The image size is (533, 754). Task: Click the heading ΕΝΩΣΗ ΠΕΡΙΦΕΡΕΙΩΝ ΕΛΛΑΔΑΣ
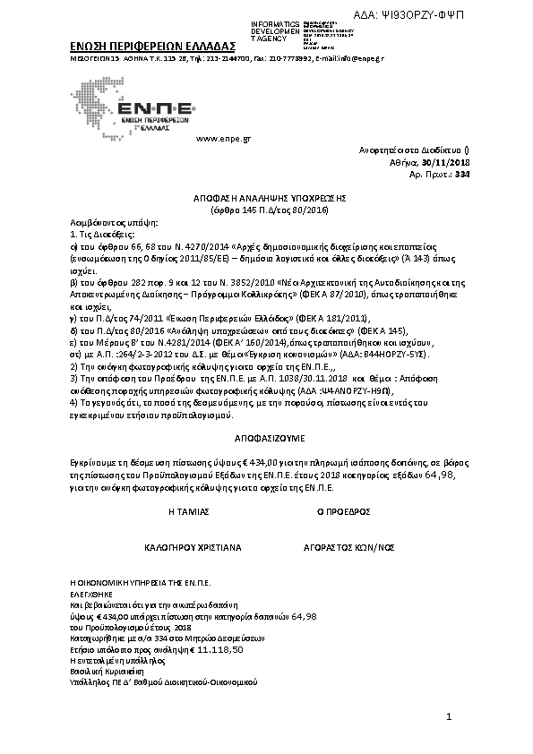(x=152, y=46)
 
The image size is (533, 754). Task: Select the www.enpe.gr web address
(x=222, y=140)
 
